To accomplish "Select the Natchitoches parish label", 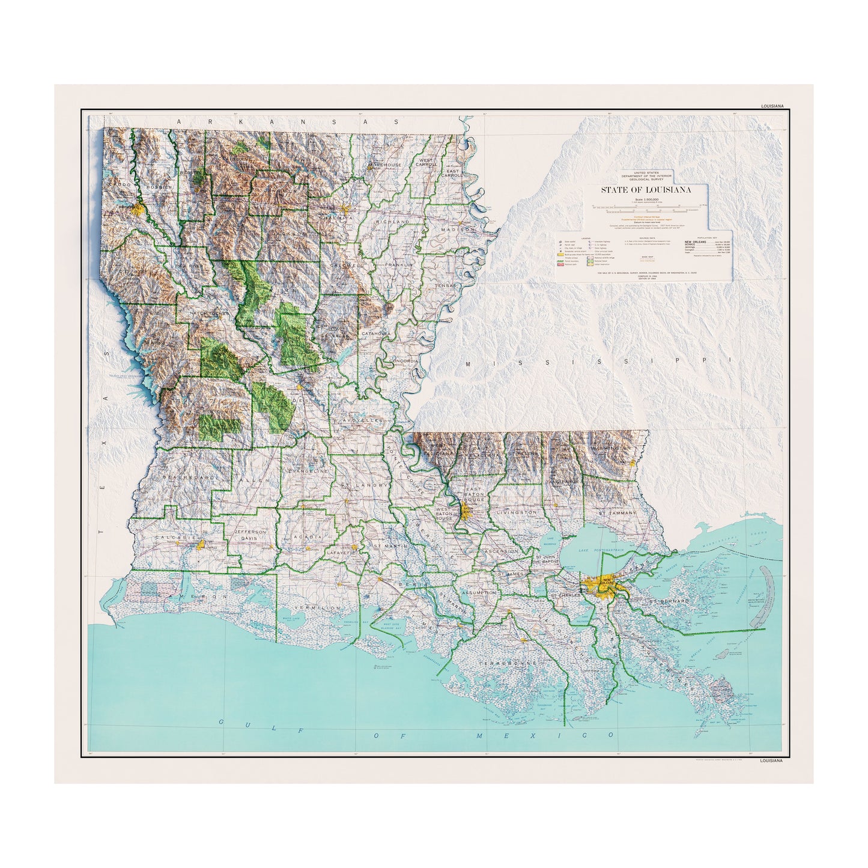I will point(205,313).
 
